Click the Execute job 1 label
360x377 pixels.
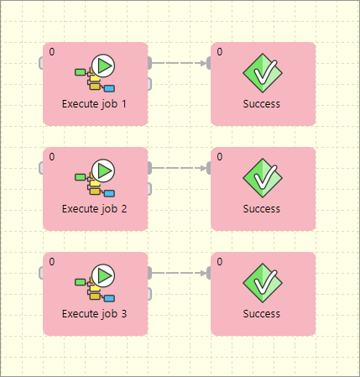click(x=95, y=104)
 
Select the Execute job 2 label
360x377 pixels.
click(x=95, y=209)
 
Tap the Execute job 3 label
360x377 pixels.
click(x=95, y=314)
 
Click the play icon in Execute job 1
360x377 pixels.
click(x=104, y=65)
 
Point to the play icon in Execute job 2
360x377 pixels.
click(x=104, y=170)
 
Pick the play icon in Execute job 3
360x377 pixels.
click(x=104, y=275)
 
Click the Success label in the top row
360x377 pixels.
click(x=262, y=104)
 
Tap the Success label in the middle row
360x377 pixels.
click(x=262, y=209)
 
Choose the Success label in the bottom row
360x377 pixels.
click(x=262, y=314)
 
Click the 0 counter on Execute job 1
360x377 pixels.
click(x=52, y=52)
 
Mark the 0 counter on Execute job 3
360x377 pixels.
click(x=52, y=262)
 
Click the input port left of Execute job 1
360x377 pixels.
click(x=41, y=62)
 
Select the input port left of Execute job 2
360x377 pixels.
click(x=41, y=167)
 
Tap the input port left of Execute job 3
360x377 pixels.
click(x=41, y=272)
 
